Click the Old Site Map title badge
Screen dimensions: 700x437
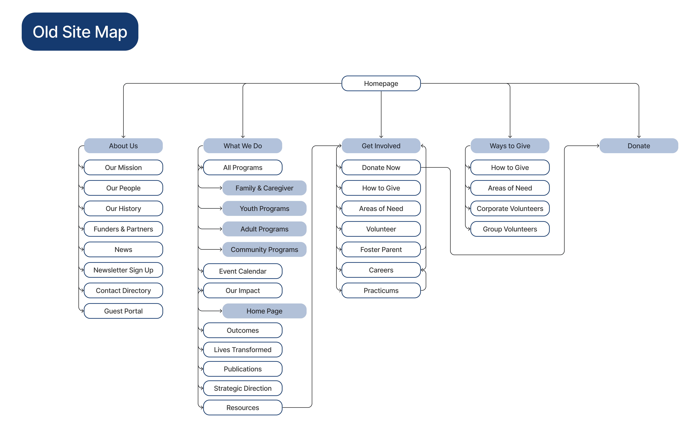coord(80,32)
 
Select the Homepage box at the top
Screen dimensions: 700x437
coord(381,84)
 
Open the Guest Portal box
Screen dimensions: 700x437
coord(123,311)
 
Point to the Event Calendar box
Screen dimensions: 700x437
coord(243,271)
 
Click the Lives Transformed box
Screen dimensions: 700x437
coord(243,350)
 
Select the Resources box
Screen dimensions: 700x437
coord(243,408)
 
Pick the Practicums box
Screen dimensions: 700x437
coord(381,290)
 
